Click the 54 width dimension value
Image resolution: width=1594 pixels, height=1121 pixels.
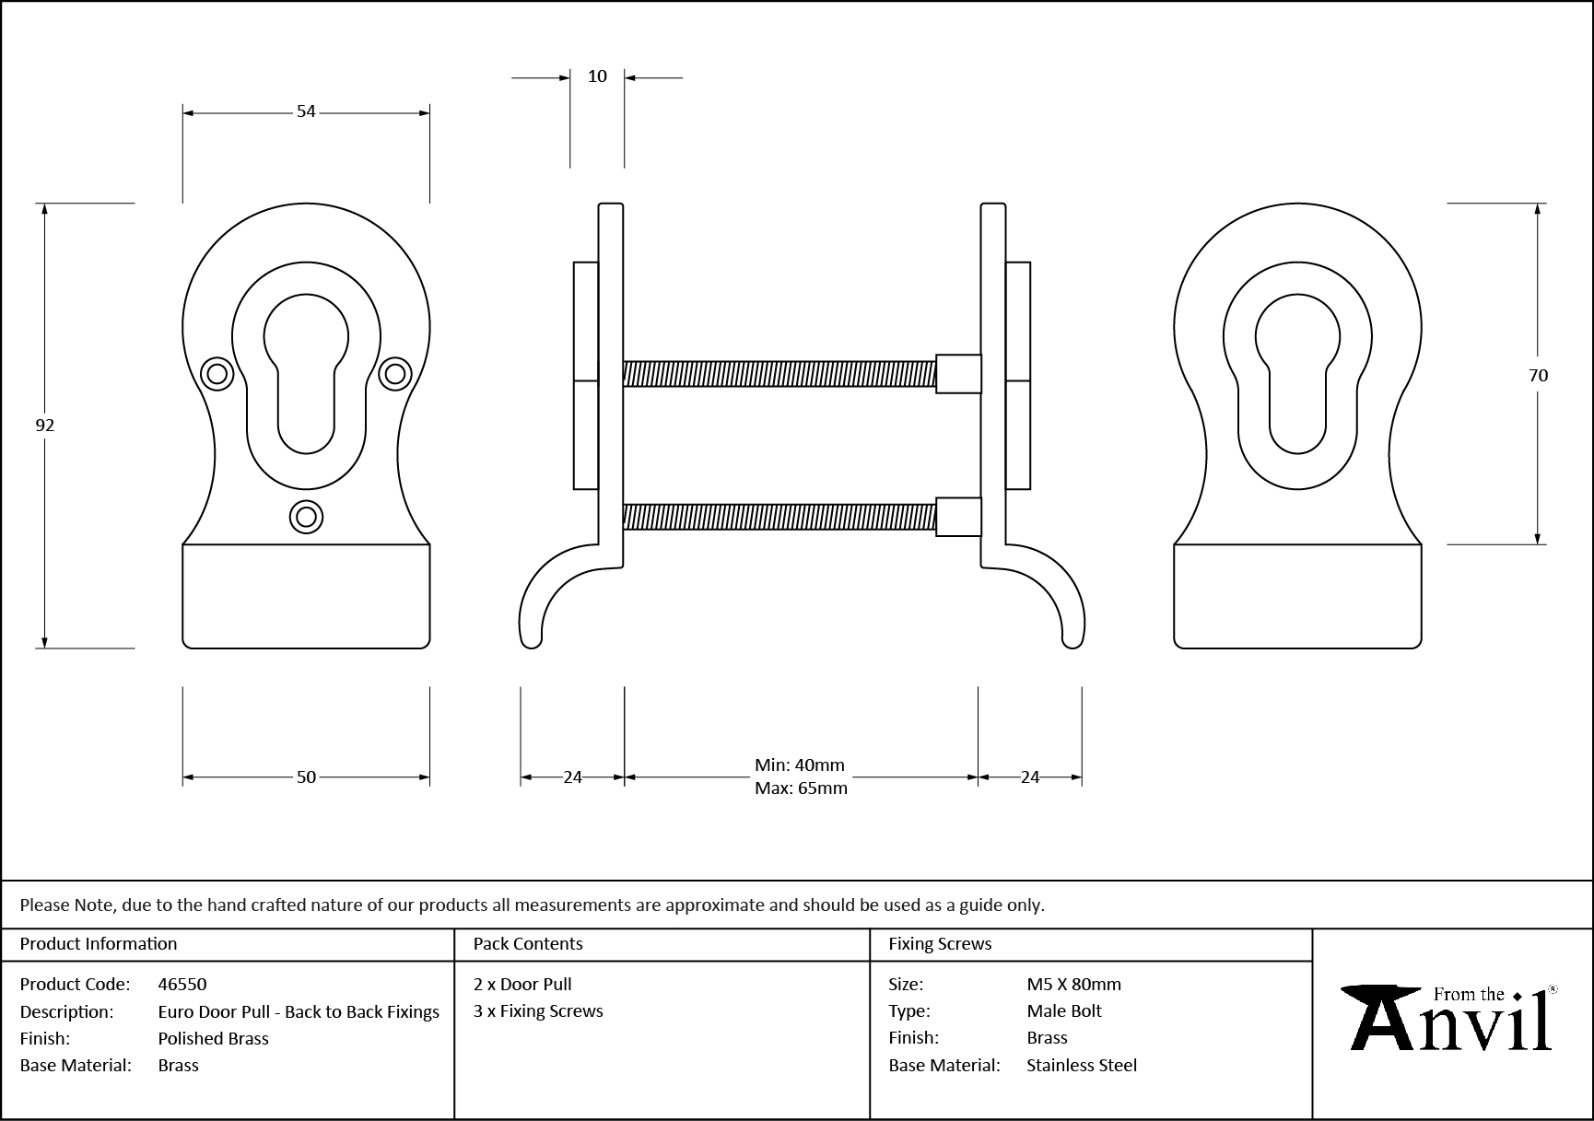point(306,111)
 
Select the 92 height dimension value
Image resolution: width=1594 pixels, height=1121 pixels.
point(44,425)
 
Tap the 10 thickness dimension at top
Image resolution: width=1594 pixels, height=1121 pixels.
point(597,76)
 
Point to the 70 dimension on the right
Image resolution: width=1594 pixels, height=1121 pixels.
point(1538,375)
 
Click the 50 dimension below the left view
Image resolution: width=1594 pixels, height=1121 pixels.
point(306,777)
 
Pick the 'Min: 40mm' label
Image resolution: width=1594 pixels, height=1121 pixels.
point(799,765)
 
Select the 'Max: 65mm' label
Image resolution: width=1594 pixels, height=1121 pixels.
point(801,788)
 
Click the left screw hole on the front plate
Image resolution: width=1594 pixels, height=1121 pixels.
point(217,373)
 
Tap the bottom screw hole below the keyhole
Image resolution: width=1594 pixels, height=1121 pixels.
point(306,517)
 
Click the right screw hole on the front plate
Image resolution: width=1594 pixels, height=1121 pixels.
point(395,373)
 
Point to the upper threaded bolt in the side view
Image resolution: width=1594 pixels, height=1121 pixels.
point(779,373)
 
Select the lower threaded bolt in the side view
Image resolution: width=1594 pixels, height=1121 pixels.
point(779,517)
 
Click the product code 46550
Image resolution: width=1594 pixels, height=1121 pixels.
point(182,984)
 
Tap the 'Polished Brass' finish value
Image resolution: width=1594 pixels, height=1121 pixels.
point(213,1038)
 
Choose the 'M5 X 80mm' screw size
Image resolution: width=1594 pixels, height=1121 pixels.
point(1073,984)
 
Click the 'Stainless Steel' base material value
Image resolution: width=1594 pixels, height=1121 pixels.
point(1082,1065)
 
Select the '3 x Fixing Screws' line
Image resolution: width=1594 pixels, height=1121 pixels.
point(538,1010)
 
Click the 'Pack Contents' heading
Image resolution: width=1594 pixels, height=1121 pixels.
point(528,943)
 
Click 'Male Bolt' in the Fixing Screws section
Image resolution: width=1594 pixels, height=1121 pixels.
point(1064,1010)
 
